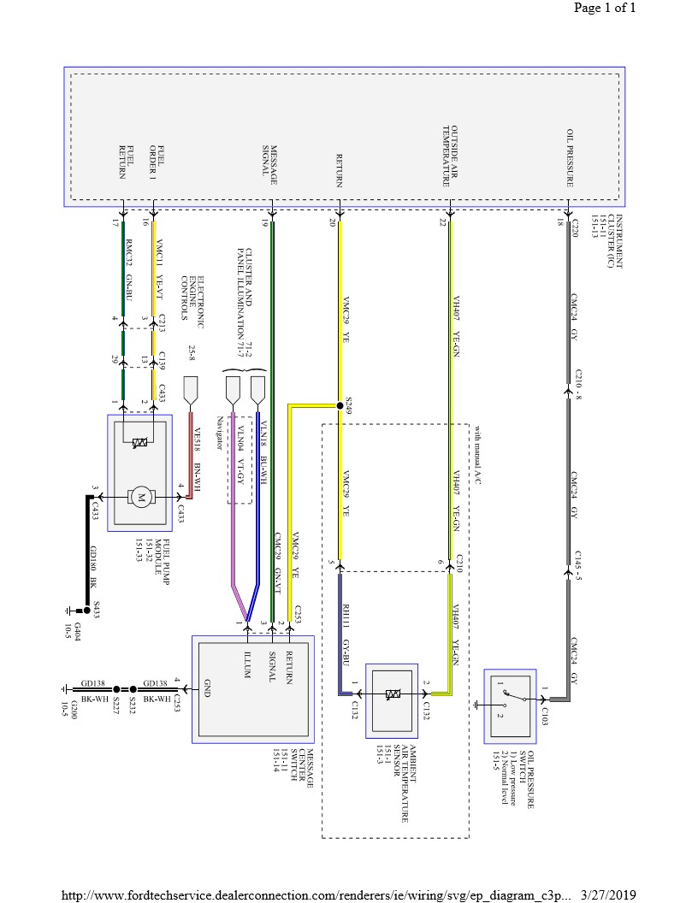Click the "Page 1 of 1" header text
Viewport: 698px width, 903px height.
click(605, 9)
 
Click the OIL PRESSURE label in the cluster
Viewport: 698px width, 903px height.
click(569, 158)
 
